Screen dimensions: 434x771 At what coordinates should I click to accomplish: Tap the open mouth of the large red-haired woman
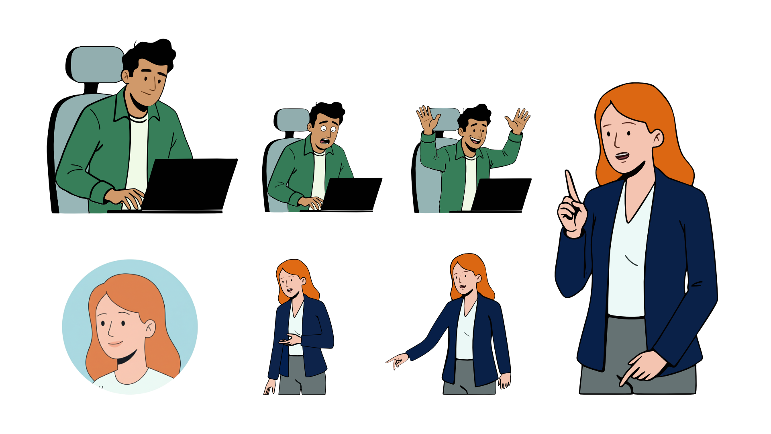622,156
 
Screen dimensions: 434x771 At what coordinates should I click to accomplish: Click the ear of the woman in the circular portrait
150,328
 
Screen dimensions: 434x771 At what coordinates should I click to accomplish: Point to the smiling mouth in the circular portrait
115,344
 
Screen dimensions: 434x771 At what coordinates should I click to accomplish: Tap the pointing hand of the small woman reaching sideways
397,360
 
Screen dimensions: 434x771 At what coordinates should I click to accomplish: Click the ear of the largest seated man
126,76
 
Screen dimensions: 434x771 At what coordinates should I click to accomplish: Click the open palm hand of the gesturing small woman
290,340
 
